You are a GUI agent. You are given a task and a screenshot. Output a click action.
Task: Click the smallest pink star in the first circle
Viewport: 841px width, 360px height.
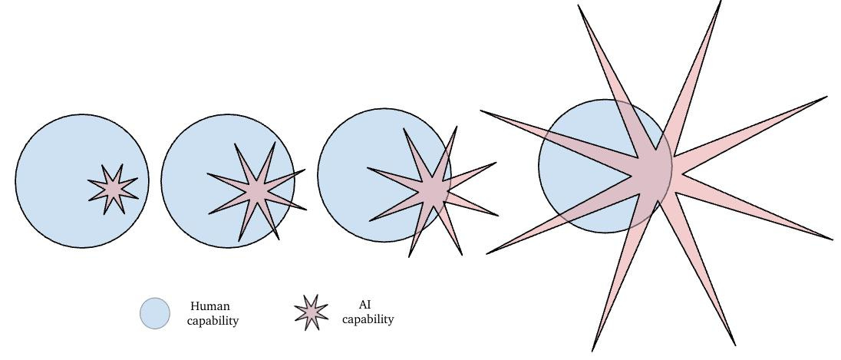coord(113,187)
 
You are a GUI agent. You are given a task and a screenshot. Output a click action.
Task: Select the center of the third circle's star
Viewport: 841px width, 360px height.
coord(434,189)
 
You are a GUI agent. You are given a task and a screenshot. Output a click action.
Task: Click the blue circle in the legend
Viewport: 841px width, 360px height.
coord(155,313)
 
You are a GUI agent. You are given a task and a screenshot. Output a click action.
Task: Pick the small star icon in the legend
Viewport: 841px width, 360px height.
coord(311,312)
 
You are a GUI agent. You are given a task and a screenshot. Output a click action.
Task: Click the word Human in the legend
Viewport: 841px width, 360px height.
coord(210,306)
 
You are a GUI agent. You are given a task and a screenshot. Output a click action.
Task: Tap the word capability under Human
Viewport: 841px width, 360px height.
coord(213,320)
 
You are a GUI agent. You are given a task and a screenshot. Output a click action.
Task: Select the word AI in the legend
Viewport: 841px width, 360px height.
coord(365,305)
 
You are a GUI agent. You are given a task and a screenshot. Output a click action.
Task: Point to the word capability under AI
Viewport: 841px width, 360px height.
coord(368,319)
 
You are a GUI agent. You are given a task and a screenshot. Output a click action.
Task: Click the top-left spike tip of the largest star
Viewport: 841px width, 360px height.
coord(579,5)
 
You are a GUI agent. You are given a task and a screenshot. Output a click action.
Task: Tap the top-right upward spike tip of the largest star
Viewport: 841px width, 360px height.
coord(721,2)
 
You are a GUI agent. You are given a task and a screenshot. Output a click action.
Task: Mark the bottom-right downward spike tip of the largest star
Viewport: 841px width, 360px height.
coord(735,345)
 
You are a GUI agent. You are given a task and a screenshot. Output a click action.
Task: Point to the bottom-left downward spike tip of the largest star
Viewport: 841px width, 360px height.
coord(593,350)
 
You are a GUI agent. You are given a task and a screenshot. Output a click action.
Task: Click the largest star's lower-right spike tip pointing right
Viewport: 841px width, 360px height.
coord(833,239)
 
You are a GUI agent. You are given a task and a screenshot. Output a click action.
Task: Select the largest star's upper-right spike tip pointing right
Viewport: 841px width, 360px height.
coord(827,97)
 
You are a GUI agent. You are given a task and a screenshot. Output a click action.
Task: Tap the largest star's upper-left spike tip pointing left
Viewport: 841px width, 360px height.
coord(481,111)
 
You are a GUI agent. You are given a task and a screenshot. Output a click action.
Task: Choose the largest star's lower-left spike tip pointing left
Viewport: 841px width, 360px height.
coord(486,253)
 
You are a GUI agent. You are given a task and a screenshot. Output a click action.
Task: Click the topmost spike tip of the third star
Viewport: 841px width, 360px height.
coord(457,127)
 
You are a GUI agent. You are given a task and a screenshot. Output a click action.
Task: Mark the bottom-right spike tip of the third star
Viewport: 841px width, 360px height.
coord(462,254)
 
